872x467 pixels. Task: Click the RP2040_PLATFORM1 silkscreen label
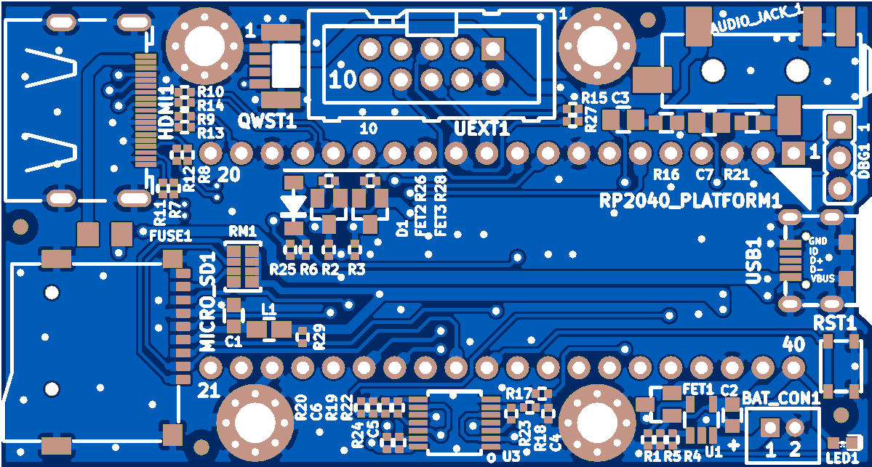click(690, 200)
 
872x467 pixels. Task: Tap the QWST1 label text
click(267, 121)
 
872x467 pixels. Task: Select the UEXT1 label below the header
click(481, 129)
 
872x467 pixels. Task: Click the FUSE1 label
click(170, 236)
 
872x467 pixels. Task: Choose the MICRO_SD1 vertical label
click(208, 302)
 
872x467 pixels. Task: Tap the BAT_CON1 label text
click(781, 397)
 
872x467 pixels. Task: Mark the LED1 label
click(842, 458)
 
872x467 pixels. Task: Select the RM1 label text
click(242, 231)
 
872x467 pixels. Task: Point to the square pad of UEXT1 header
click(492, 49)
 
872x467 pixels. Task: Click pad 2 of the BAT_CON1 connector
click(794, 427)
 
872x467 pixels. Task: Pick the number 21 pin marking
click(209, 391)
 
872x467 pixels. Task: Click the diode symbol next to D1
click(294, 205)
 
